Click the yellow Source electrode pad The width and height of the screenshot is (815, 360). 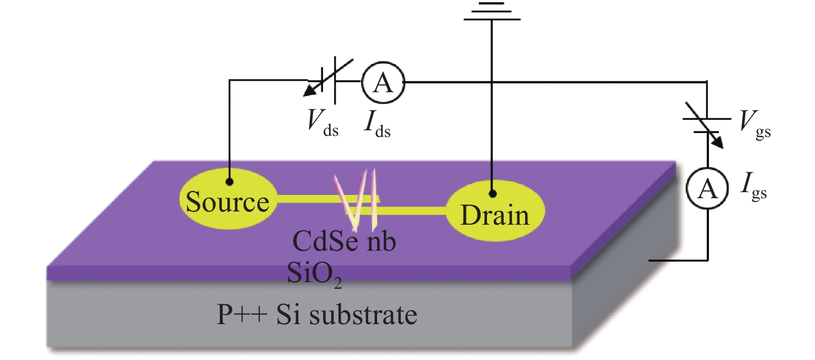tap(228, 199)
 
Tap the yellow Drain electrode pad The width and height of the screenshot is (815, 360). tap(495, 211)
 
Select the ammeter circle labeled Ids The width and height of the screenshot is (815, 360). tap(383, 83)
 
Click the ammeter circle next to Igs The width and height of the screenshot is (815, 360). tap(707, 188)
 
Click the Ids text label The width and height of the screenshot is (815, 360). tap(377, 124)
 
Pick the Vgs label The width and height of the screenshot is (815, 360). tap(755, 124)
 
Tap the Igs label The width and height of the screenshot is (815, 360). tap(754, 187)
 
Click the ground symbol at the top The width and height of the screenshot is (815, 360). tap(492, 11)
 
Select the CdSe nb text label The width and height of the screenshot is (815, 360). tap(344, 241)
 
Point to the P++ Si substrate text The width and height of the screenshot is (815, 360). tap(316, 315)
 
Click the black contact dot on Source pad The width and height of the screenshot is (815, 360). tap(229, 181)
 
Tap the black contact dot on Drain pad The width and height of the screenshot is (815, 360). tap(493, 194)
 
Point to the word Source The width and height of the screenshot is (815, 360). tap(227, 202)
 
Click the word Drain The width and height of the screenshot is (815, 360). tap(495, 215)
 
